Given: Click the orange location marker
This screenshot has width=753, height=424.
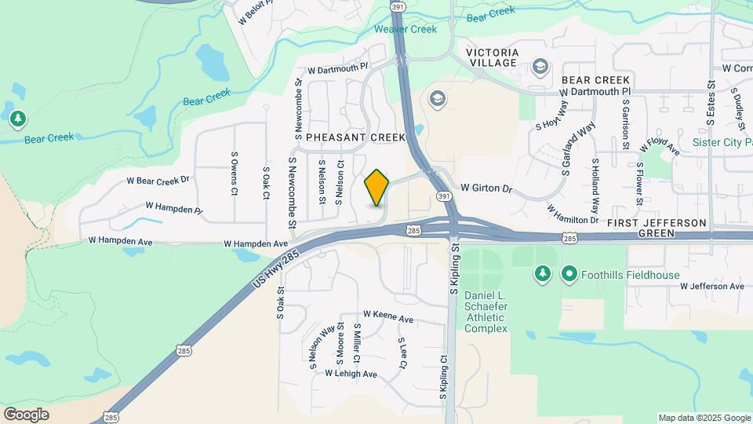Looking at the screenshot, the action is (x=376, y=188).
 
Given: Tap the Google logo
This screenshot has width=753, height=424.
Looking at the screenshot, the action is (x=26, y=414).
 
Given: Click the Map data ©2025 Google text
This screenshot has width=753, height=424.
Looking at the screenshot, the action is (x=704, y=418).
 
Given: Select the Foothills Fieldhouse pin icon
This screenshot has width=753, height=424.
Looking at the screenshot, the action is (x=569, y=274).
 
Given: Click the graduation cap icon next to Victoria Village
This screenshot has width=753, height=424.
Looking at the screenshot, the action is (x=540, y=67).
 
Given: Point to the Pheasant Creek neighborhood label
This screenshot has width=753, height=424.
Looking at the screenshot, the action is (x=355, y=137).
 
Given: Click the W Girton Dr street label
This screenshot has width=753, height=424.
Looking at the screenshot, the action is (x=486, y=188).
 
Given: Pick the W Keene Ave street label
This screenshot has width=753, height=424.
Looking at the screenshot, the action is (x=387, y=319).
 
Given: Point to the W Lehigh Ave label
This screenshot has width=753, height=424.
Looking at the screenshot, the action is (x=351, y=374).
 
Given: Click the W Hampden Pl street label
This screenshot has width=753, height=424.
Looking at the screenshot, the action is (x=174, y=208).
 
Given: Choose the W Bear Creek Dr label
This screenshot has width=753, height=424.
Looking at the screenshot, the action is (x=158, y=181).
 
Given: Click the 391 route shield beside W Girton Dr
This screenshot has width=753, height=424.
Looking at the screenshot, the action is (x=443, y=195).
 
